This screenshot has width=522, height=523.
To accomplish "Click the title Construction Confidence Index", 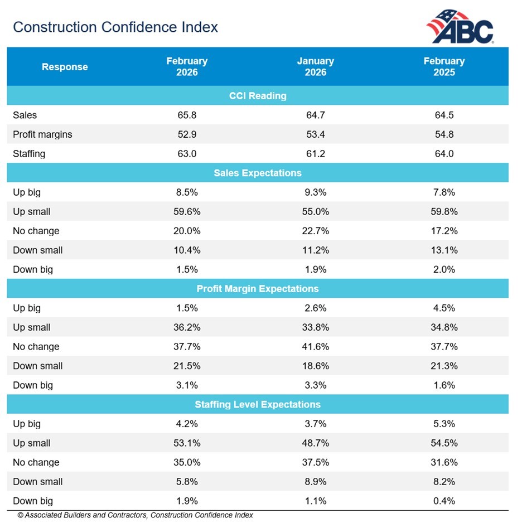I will [x=115, y=27].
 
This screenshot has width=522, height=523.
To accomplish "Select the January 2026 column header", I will [x=316, y=66].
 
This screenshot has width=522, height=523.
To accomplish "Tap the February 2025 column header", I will [x=444, y=66].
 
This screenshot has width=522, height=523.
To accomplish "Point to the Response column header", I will [x=65, y=67].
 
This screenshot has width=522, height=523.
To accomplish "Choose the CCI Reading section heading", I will [x=258, y=96].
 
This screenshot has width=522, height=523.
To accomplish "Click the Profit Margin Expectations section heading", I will [x=258, y=289].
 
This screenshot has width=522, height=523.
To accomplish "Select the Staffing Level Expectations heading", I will [x=258, y=404].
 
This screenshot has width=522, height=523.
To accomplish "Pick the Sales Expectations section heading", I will [x=258, y=173].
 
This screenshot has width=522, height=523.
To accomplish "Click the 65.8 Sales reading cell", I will [x=186, y=115].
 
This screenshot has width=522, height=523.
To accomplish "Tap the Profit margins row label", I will [x=42, y=134].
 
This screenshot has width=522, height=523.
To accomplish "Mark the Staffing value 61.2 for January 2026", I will [x=316, y=154].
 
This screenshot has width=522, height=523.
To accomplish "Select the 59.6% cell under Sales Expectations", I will [x=186, y=212].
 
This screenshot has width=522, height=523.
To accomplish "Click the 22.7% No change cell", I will [x=316, y=231].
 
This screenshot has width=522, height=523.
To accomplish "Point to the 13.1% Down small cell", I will [x=444, y=250].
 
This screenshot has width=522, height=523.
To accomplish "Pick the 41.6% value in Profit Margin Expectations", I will [x=316, y=347].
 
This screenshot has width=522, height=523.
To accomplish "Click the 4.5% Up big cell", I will [x=444, y=308].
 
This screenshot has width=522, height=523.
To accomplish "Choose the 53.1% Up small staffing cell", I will [x=186, y=443].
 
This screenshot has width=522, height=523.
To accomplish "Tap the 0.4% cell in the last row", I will [x=444, y=501].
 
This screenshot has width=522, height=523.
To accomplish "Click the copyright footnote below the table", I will [x=135, y=515].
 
